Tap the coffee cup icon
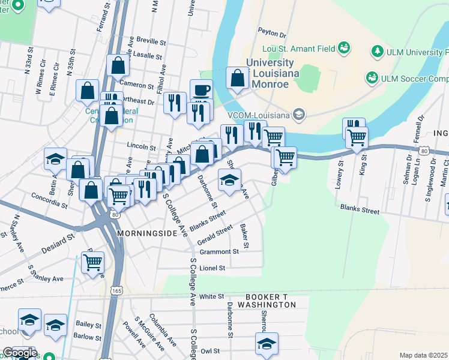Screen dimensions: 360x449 coord(201,90)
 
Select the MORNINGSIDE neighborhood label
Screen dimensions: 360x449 coord(147,232)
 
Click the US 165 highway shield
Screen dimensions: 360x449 coord(116,290)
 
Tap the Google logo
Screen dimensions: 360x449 coord(20,352)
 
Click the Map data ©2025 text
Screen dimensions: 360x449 coord(423,355)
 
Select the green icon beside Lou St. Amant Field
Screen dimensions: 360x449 coord(344,47)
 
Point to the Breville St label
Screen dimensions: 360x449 coord(151,43)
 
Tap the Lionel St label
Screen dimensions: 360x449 coord(212,268)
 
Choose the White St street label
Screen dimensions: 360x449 coord(211,296)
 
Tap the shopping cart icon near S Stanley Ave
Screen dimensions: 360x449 coord(92,262)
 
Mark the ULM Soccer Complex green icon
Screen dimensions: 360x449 coord(372,78)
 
